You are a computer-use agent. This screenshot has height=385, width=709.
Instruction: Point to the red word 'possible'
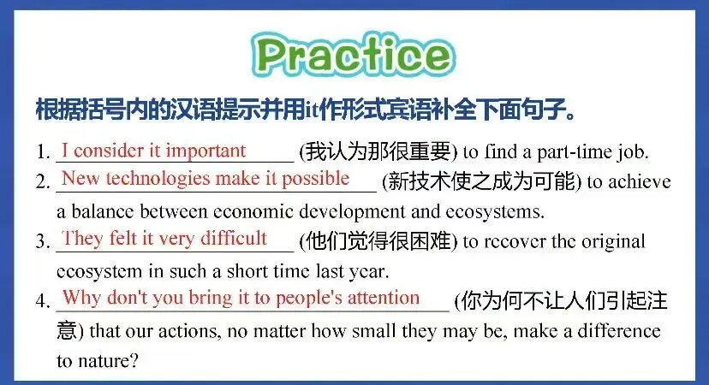tap(316, 179)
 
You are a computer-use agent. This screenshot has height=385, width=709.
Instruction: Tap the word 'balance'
tap(102, 211)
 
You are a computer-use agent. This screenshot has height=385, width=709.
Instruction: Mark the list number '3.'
tap(43, 241)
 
